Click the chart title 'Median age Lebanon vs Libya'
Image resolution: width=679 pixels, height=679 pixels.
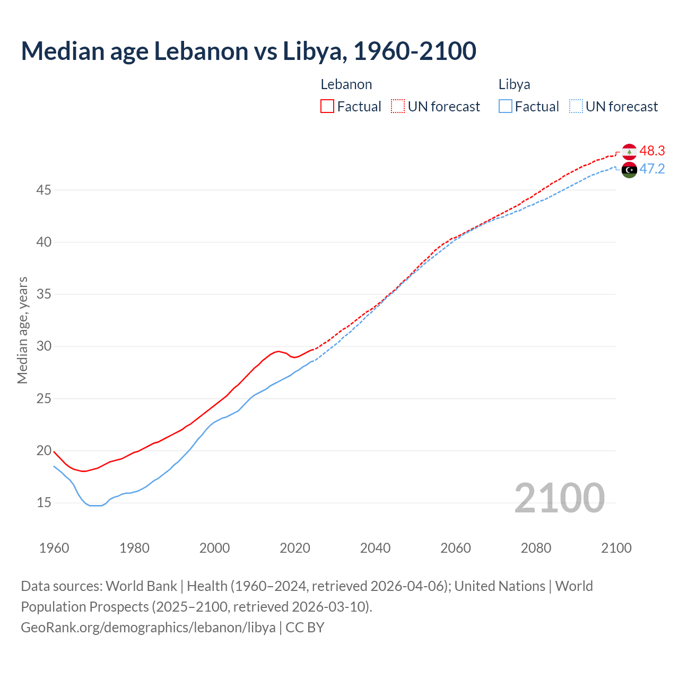click(x=248, y=51)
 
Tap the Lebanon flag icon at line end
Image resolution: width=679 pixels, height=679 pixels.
click(x=629, y=152)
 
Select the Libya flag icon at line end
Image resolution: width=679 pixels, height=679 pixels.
click(x=629, y=170)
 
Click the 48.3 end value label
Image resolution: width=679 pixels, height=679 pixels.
click(x=652, y=151)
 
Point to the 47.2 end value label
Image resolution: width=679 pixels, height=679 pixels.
click(x=652, y=169)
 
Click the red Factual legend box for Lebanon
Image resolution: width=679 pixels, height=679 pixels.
click(x=327, y=107)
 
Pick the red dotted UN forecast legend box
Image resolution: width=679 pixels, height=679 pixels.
click(x=398, y=107)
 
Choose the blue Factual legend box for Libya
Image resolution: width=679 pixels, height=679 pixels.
click(x=506, y=107)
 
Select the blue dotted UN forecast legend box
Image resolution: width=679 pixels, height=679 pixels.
click(x=576, y=107)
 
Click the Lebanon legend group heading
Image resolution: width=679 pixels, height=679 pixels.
click(x=346, y=85)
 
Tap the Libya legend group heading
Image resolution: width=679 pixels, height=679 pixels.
click(x=514, y=85)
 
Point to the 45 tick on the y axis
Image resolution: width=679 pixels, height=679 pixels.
click(x=43, y=190)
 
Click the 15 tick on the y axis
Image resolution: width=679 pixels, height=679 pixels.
click(x=43, y=502)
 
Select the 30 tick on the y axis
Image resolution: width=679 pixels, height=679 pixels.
click(x=43, y=346)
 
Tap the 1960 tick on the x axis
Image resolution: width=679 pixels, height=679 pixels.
click(x=54, y=548)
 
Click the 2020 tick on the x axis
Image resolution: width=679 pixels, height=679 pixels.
click(x=295, y=548)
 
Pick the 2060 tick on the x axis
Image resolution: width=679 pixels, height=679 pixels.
click(x=456, y=548)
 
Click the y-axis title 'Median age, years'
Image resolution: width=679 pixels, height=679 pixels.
click(x=22, y=330)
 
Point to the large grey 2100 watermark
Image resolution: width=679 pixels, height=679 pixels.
click(x=560, y=498)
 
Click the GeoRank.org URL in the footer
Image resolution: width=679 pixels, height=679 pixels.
click(x=148, y=628)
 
